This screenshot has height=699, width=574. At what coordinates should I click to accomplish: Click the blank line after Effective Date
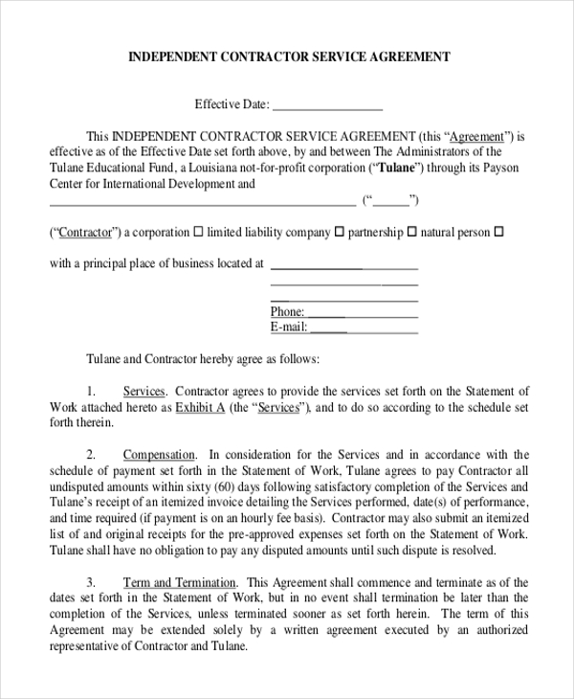(x=327, y=105)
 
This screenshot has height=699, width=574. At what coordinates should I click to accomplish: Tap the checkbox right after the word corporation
(x=198, y=233)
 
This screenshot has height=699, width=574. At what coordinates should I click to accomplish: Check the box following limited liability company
(x=339, y=233)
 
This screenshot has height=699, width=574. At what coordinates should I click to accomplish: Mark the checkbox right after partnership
(x=412, y=233)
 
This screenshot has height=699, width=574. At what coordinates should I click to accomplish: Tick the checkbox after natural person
(x=498, y=233)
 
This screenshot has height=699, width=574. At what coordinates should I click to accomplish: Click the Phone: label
(x=287, y=312)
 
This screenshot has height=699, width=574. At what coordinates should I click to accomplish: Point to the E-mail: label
(x=289, y=327)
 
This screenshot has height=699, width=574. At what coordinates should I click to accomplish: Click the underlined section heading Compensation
(x=159, y=455)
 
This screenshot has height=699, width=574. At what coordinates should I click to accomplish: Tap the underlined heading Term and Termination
(x=179, y=582)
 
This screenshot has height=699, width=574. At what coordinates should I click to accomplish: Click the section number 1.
(x=92, y=392)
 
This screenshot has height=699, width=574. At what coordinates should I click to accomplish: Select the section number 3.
(x=92, y=582)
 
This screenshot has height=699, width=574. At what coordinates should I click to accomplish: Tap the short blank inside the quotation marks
(x=390, y=201)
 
